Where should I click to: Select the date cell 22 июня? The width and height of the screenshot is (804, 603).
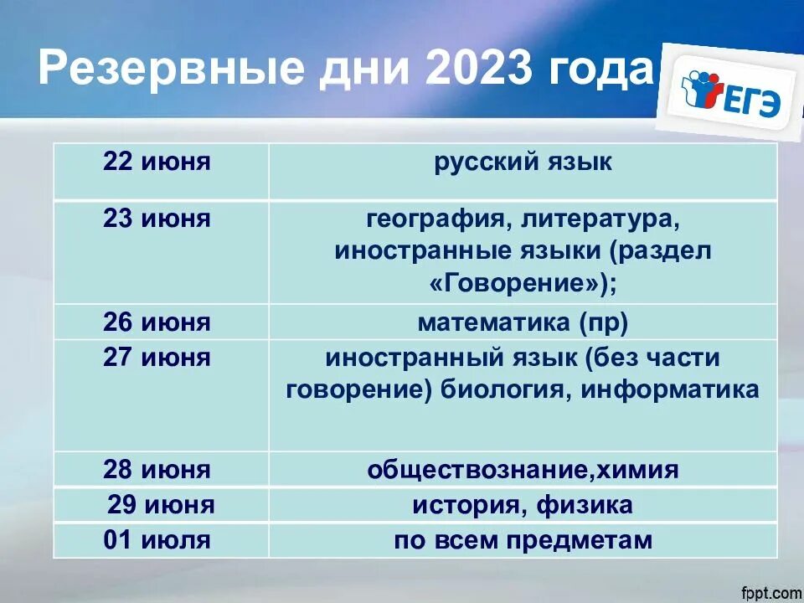coord(157,162)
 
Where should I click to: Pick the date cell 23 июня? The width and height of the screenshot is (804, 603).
coord(157,220)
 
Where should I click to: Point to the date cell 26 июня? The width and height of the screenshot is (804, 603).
coord(157,322)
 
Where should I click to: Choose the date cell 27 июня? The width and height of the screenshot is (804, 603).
coord(157,358)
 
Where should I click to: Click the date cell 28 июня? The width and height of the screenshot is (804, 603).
coord(157,470)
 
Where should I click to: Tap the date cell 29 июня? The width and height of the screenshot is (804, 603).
coord(161,505)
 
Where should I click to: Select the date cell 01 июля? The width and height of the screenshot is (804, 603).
coord(157,541)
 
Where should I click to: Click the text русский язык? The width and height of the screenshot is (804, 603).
coord(523,162)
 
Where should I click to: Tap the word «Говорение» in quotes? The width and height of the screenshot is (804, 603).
coord(518,284)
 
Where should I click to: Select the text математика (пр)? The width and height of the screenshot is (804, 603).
coord(523,322)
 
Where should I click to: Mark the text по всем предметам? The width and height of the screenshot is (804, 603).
coord(523,541)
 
